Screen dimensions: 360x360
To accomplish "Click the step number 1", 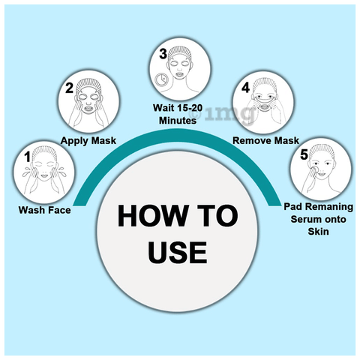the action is [x=27, y=157].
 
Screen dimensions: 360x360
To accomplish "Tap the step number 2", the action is [x=69, y=88].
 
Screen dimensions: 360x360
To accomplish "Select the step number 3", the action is [x=163, y=53].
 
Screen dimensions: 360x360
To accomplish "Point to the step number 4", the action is [x=245, y=88].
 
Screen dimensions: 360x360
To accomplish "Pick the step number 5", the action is [x=304, y=154].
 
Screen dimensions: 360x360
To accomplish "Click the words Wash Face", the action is [x=45, y=210].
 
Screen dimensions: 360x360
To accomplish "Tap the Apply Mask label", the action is [x=88, y=141].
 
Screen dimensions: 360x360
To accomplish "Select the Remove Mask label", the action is [x=265, y=140].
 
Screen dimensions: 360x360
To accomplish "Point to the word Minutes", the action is [x=178, y=121].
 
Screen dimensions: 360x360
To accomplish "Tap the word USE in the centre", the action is [x=178, y=252].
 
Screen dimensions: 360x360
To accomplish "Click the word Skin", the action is [x=318, y=232].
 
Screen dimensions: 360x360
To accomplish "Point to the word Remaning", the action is [x=329, y=207].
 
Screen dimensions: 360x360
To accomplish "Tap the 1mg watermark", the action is [x=223, y=114].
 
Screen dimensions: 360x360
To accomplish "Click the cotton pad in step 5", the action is [x=316, y=169].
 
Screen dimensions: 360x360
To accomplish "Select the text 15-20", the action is [x=190, y=108].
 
